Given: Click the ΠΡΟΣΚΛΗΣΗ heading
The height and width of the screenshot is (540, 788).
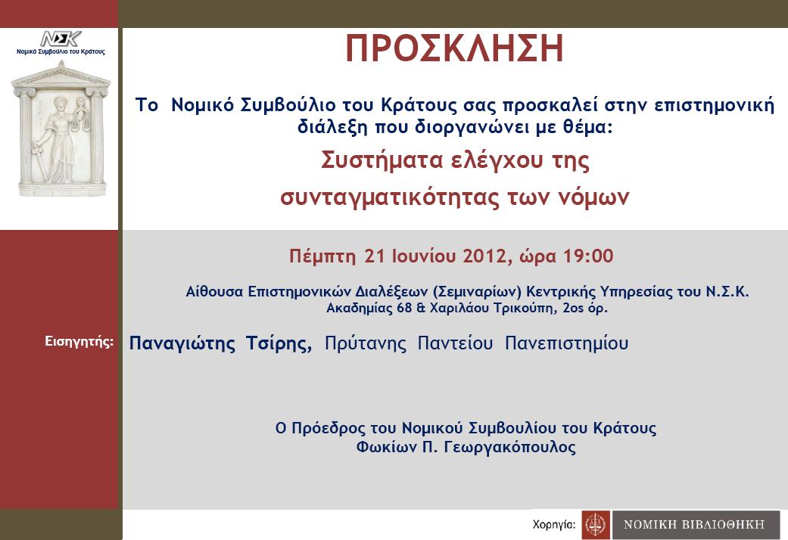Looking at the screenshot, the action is (455, 48).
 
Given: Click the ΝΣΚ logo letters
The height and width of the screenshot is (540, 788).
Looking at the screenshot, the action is (61, 39).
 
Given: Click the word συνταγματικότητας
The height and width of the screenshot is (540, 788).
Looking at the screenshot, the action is (390, 197).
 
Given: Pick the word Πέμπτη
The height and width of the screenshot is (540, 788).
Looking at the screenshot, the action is (322, 256).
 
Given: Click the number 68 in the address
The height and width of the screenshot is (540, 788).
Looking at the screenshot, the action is (404, 307).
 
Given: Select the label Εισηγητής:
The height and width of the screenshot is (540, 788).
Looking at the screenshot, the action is (79, 342).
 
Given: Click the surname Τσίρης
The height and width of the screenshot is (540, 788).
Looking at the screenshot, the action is (279, 343).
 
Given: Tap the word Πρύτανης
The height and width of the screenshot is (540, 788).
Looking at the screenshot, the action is (366, 343).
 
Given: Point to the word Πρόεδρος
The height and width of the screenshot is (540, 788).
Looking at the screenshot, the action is (329, 428).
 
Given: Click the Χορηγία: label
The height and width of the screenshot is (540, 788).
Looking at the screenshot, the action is (554, 524).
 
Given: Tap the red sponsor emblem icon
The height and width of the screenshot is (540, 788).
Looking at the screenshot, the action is (596, 525).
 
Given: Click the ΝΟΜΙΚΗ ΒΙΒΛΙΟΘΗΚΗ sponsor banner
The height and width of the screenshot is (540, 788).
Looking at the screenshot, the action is (696, 525).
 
